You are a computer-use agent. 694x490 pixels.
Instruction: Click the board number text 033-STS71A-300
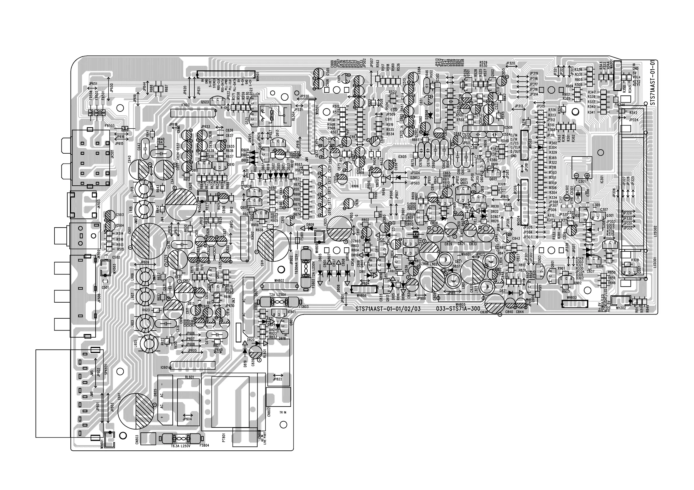[x=458, y=309]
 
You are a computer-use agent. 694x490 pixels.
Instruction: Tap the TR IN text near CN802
[x=283, y=412]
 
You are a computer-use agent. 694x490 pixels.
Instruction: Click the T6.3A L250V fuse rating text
[x=181, y=446]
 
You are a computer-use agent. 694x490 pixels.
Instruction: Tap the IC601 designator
[x=165, y=368]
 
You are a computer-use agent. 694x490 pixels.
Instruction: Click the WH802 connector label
[x=279, y=280]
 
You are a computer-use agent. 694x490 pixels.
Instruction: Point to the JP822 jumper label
[x=277, y=379]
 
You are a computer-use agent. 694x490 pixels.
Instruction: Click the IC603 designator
[x=185, y=105]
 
